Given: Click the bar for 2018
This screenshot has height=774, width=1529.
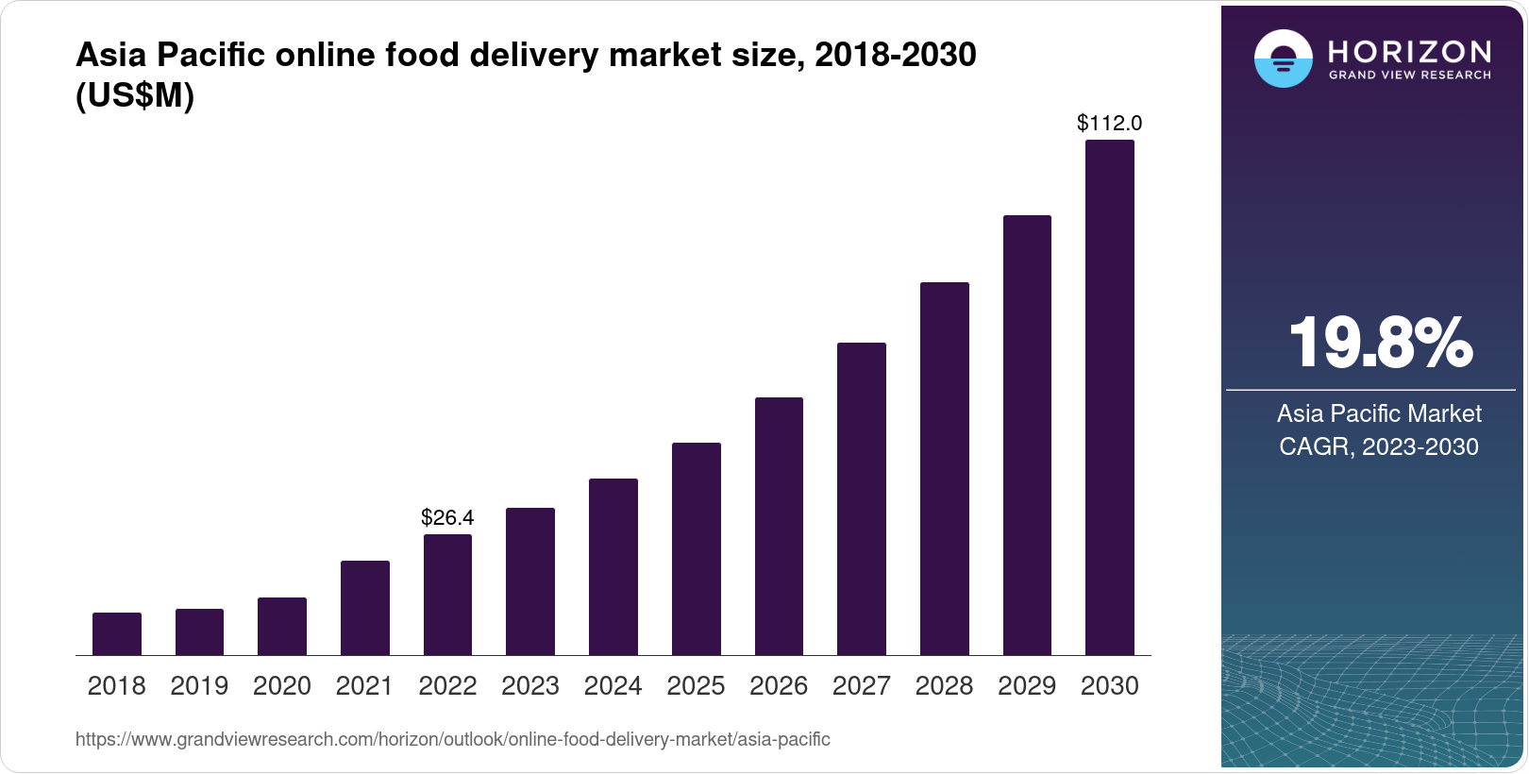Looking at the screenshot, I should click(x=117, y=633).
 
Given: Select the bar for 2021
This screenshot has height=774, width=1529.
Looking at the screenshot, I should click(x=365, y=608).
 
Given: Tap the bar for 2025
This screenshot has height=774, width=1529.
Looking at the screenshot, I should click(x=697, y=548).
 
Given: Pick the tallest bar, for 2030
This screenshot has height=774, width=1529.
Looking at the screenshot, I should click(x=1110, y=397).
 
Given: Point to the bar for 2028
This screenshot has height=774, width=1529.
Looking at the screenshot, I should click(x=945, y=468).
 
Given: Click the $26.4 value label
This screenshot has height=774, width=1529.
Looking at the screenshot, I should click(x=447, y=517).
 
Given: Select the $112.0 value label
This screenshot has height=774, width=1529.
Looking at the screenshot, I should click(x=1110, y=123).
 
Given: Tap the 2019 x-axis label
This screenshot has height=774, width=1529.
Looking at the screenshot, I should click(x=199, y=686).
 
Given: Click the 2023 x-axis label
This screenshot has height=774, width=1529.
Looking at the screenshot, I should click(x=530, y=686).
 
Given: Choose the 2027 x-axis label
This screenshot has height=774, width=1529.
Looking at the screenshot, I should click(x=862, y=686).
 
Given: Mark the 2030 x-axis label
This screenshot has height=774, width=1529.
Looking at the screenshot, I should click(x=1110, y=686).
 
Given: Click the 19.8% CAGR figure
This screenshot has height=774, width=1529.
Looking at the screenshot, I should click(x=1380, y=344).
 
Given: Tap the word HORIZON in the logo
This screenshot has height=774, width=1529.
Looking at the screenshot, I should click(x=1410, y=52).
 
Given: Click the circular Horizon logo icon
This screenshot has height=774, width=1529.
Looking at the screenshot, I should click(x=1283, y=59).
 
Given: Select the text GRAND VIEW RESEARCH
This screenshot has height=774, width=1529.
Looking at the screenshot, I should click(x=1410, y=76).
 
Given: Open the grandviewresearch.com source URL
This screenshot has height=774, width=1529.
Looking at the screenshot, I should click(x=453, y=740).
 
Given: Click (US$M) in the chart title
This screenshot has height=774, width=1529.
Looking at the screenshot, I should click(x=135, y=95).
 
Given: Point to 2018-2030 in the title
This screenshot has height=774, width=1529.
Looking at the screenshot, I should click(x=896, y=55).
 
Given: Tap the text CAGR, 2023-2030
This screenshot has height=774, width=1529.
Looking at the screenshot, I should click(x=1379, y=446).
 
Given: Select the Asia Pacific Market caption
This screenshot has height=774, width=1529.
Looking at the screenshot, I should click(x=1379, y=413).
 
